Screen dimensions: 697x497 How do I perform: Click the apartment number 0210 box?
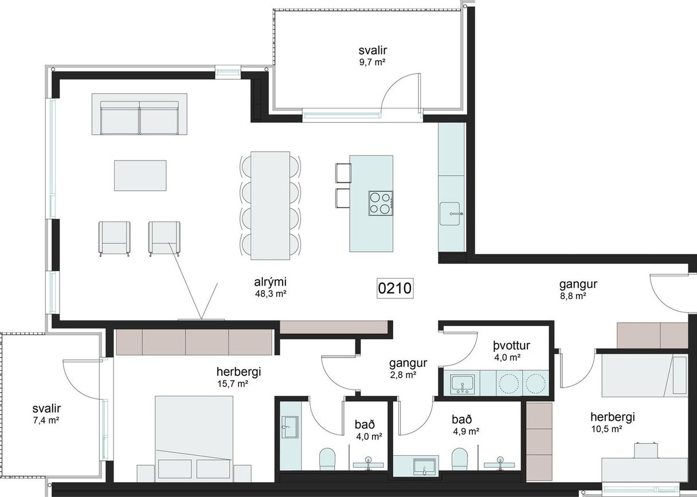[x=395, y=288]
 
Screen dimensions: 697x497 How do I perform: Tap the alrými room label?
[x=270, y=282]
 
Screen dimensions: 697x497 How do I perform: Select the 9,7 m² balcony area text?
[x=373, y=62]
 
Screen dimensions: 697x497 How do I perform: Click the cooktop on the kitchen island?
[x=381, y=204]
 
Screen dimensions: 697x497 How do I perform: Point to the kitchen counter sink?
[x=449, y=213]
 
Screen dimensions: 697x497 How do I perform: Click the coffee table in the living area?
[x=140, y=175]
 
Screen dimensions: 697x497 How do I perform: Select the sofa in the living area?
[x=139, y=114]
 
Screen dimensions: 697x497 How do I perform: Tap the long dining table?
[x=270, y=205]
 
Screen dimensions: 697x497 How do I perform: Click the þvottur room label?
[x=511, y=346]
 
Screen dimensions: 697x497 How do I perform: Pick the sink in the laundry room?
[x=463, y=383]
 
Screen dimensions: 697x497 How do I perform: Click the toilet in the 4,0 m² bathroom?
[x=327, y=459]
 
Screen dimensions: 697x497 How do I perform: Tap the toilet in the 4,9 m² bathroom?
[x=460, y=459]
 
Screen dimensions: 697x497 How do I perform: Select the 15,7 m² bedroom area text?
[x=233, y=383]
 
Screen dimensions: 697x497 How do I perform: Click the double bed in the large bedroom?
[x=194, y=439]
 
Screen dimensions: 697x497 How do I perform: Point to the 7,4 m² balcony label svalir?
[x=46, y=408]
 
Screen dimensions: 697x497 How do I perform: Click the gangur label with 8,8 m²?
[x=578, y=284]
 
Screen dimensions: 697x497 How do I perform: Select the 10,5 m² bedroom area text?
[x=607, y=429]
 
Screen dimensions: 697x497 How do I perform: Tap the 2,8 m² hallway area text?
[x=403, y=375]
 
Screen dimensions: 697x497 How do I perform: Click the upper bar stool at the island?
[x=343, y=173]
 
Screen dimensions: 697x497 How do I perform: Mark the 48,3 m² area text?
[x=271, y=293]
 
